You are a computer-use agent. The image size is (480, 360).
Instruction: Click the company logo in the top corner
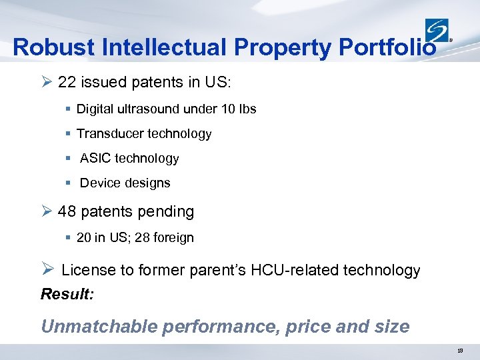[437, 31]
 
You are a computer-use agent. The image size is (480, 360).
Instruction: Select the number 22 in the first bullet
[67, 83]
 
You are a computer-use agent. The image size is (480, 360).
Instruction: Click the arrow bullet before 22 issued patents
[46, 83]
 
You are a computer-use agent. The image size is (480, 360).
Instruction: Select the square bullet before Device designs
[69, 183]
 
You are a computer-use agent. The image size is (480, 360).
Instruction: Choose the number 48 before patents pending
[67, 212]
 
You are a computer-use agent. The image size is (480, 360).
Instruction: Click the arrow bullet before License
[47, 269]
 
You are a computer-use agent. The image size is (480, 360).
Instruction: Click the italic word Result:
[67, 293]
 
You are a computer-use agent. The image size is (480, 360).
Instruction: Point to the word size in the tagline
[393, 327]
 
